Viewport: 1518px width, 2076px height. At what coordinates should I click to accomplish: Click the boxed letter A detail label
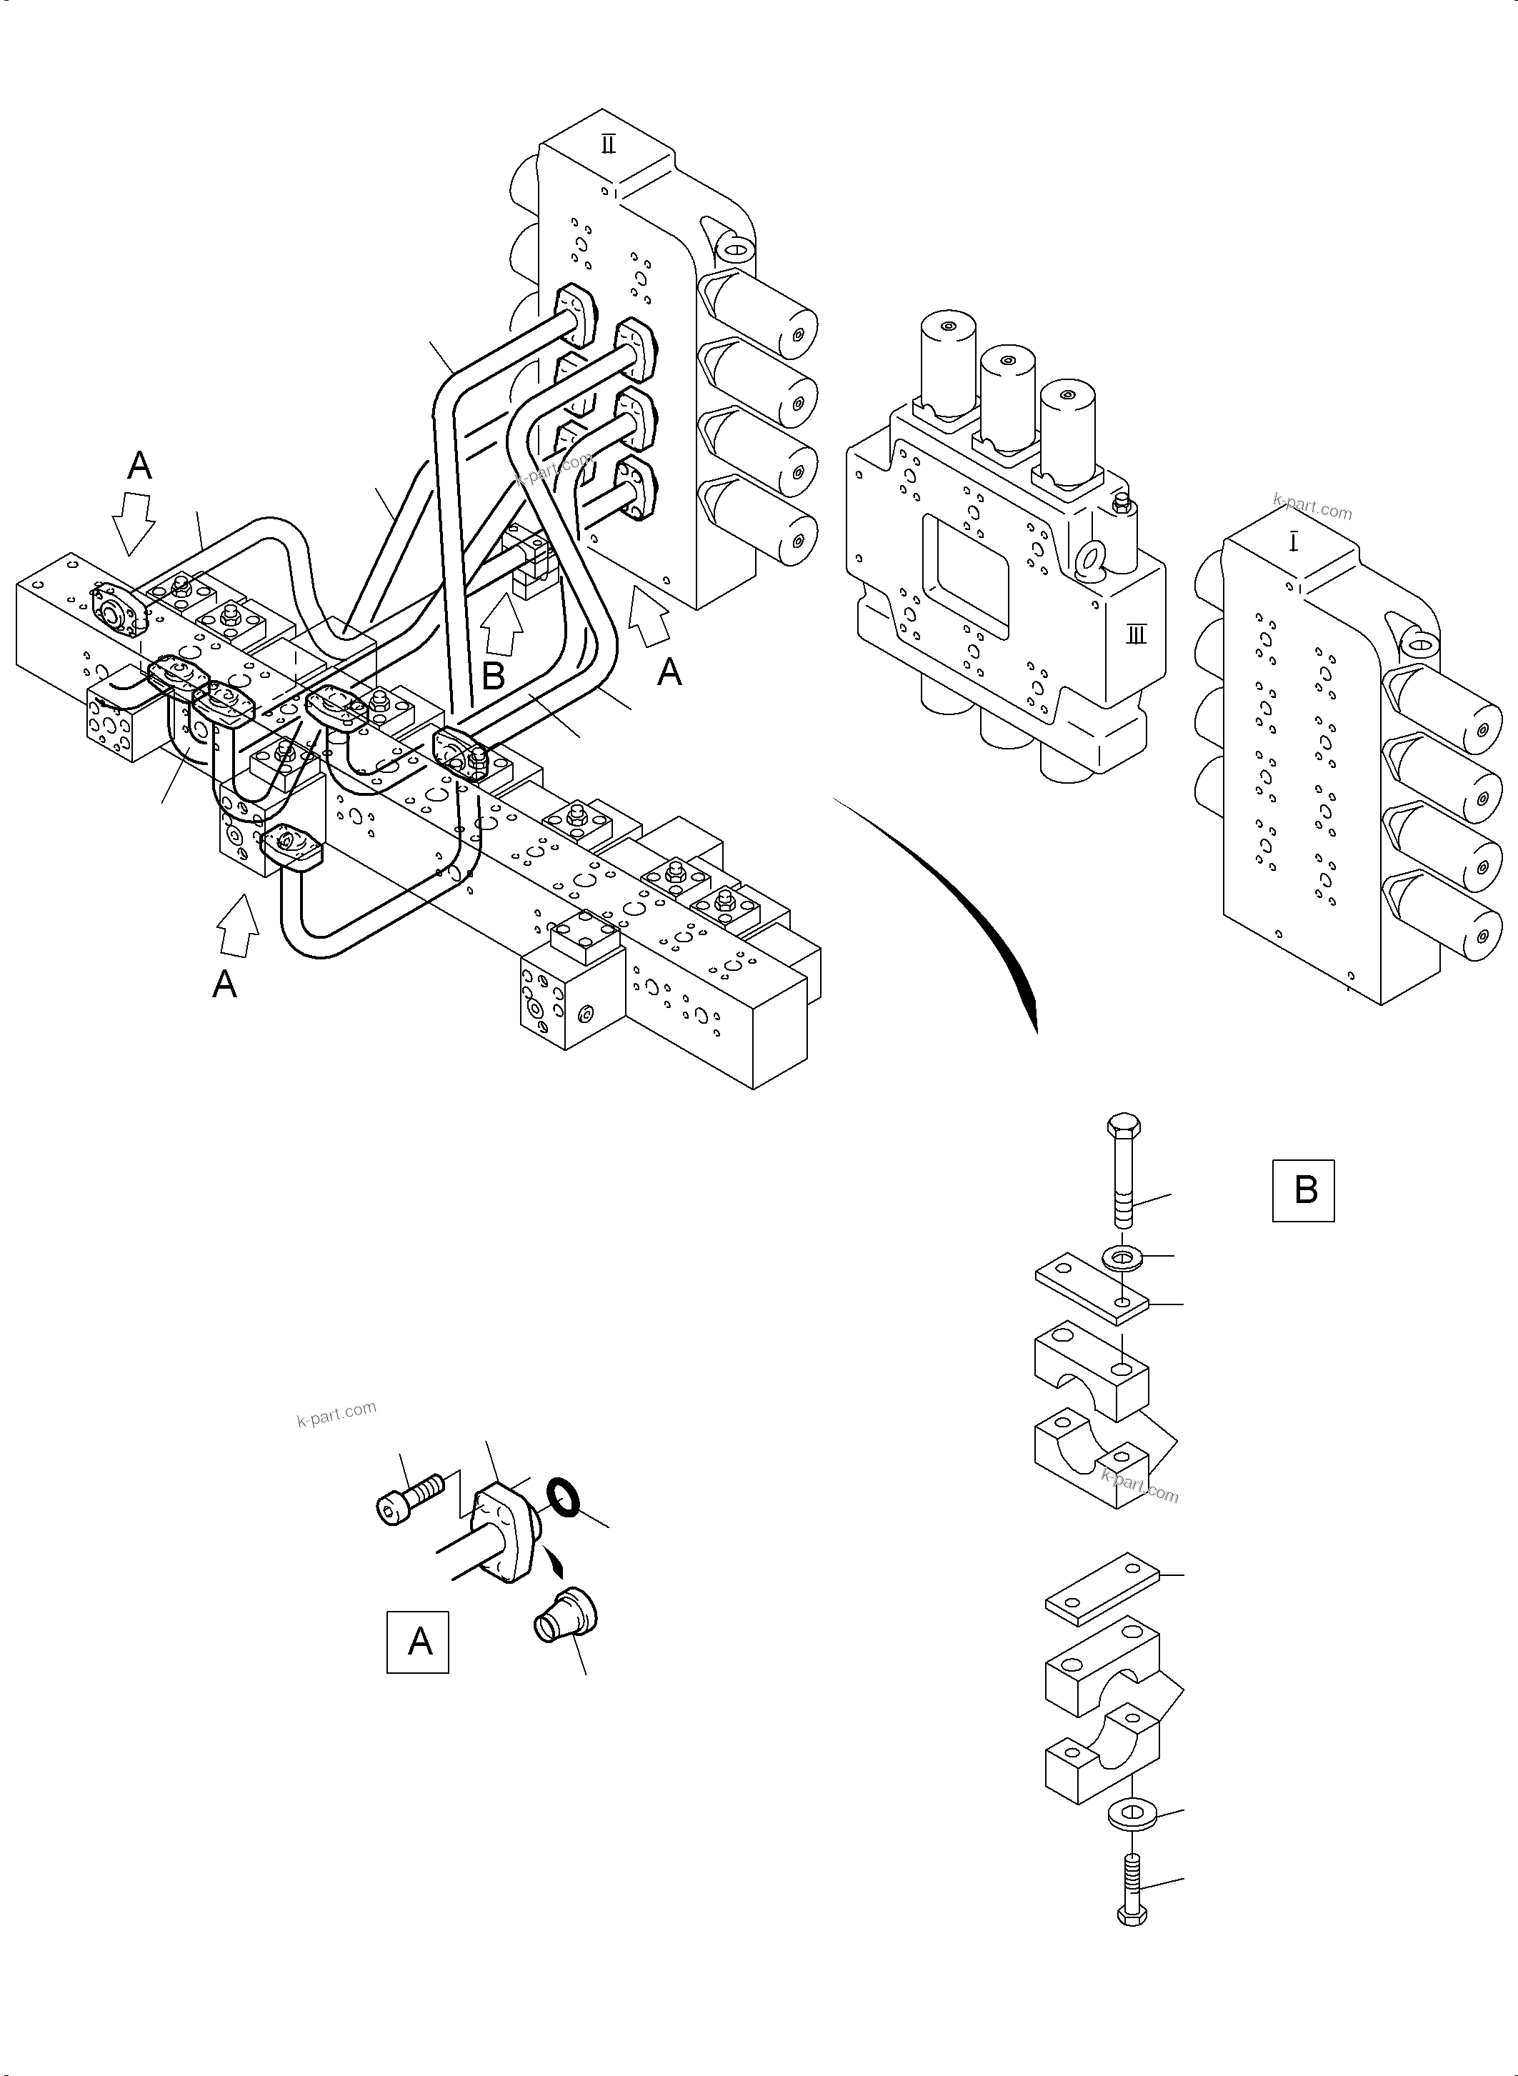[417, 1642]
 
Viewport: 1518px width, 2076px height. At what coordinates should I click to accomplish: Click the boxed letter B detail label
[1303, 1190]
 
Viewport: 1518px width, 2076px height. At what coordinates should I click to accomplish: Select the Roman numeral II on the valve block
[609, 144]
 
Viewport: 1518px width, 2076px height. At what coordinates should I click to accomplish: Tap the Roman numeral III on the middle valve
[1137, 634]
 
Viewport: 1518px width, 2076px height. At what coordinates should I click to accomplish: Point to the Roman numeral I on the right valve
[1294, 543]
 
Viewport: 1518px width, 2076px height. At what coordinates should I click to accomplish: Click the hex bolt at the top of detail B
[1123, 1168]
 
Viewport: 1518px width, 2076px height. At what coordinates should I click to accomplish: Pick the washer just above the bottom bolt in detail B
[1130, 1815]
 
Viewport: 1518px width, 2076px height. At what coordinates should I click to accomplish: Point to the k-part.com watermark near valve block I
[1312, 506]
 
